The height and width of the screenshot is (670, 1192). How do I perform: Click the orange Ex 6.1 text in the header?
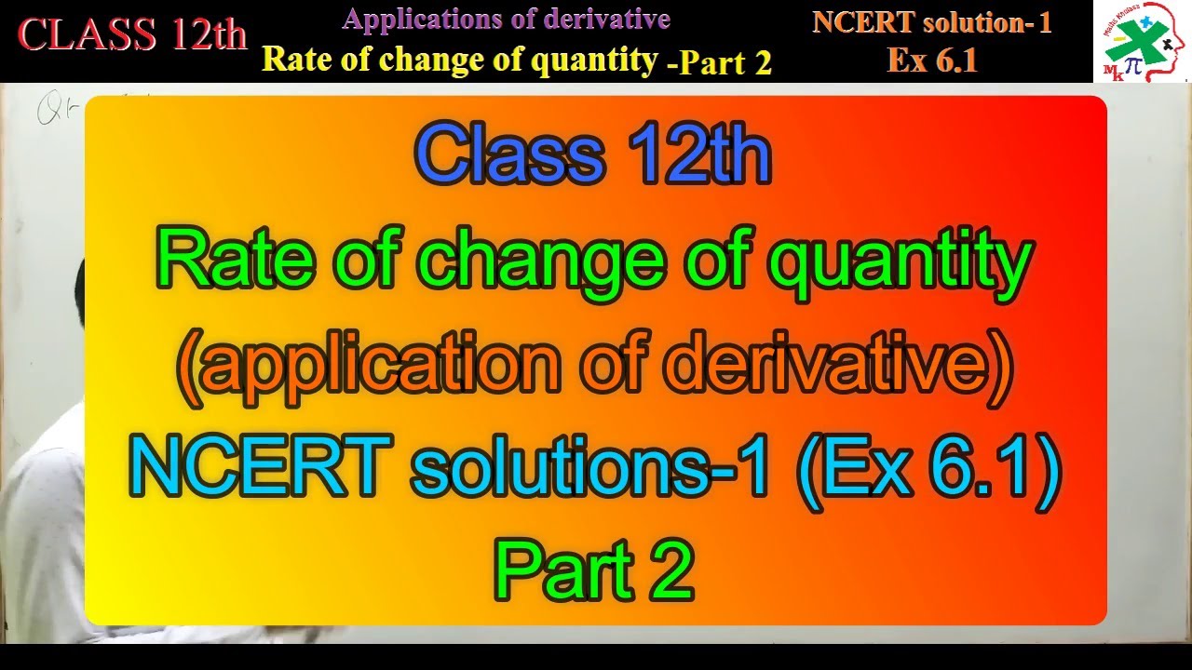931,60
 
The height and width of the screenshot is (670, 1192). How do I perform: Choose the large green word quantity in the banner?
900,262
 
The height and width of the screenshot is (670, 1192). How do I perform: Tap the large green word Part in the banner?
549,569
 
